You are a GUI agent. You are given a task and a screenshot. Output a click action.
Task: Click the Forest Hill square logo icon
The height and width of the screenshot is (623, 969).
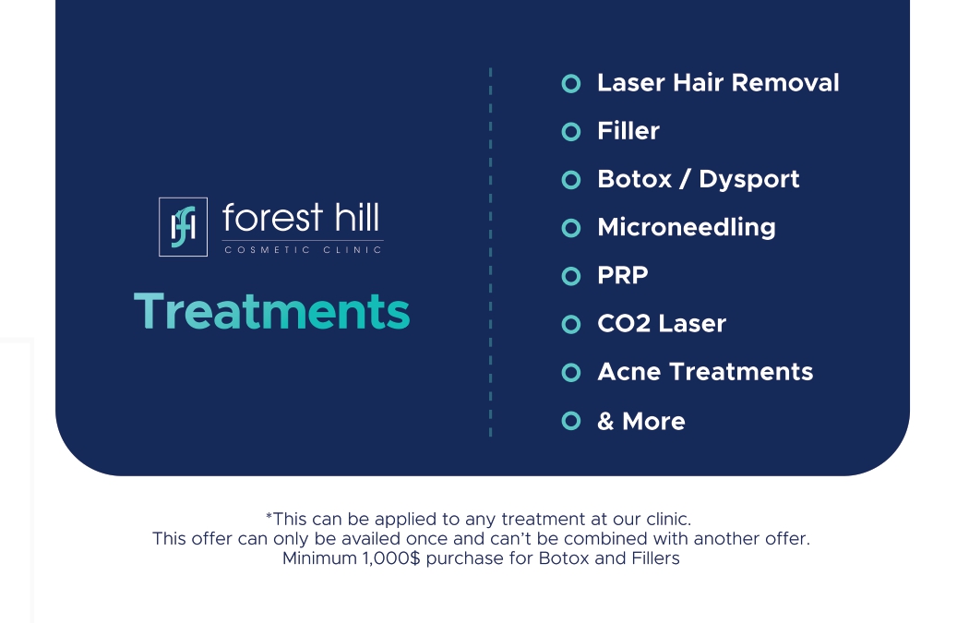tap(183, 227)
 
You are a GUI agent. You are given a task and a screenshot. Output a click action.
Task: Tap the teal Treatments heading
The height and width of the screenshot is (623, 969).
tap(272, 311)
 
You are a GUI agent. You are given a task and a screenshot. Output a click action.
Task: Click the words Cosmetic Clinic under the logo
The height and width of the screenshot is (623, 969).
tap(303, 250)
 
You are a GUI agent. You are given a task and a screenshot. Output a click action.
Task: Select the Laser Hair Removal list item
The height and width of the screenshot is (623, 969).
tap(718, 83)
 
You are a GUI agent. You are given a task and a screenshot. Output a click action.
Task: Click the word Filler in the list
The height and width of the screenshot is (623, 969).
tap(628, 131)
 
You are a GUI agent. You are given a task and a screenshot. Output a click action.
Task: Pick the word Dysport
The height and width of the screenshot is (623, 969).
tap(749, 180)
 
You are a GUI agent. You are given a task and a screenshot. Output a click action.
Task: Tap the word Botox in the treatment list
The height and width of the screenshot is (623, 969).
tap(635, 179)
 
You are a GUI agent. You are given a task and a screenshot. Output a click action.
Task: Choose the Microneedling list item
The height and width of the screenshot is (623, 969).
tap(687, 227)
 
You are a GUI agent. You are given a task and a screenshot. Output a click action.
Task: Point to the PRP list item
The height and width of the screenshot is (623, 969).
tap(623, 276)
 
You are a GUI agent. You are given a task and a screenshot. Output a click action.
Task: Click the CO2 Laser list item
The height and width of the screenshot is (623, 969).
tap(662, 324)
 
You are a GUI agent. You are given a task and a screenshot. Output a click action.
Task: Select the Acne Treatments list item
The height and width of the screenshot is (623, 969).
tap(705, 372)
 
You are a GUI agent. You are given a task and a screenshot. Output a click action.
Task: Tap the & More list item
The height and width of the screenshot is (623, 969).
tap(641, 422)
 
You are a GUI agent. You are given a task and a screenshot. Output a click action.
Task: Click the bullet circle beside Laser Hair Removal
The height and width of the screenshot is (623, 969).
tap(571, 75)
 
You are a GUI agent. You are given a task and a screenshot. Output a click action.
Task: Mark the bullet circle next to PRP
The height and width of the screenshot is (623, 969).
tap(571, 268)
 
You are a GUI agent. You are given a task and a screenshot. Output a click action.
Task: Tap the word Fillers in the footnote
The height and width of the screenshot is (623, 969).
tap(655, 558)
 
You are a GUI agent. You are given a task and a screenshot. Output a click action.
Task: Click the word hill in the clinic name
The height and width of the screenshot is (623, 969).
tap(357, 218)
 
